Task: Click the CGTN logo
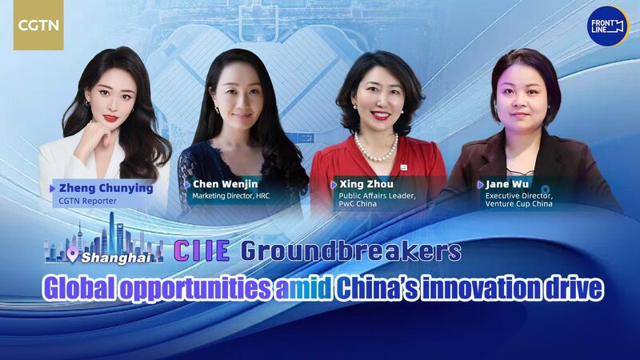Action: point(38,26)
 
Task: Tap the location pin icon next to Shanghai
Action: point(74,256)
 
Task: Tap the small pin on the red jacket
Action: point(406,167)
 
